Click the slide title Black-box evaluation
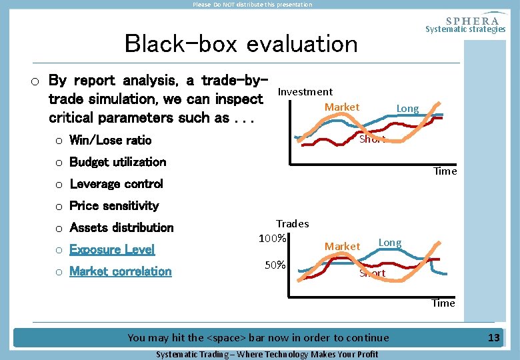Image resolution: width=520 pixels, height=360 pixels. click(241, 44)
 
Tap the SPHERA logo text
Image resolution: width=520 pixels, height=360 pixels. click(471, 20)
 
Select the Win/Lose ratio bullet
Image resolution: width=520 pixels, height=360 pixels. click(110, 140)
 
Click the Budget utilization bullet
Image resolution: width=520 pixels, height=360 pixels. click(117, 162)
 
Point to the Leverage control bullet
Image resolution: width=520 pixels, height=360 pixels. click(116, 184)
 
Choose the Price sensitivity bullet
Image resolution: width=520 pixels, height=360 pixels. click(114, 206)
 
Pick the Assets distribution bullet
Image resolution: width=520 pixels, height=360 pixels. click(121, 228)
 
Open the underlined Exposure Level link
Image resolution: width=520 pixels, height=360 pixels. click(112, 250)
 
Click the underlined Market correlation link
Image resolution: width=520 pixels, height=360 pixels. click(120, 272)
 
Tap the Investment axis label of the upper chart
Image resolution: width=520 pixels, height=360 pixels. click(305, 92)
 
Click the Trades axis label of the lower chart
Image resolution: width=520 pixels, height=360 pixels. click(292, 224)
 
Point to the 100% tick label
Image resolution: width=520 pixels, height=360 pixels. click(273, 239)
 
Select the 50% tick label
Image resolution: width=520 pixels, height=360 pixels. click(275, 265)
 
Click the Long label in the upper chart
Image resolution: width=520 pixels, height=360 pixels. click(407, 109)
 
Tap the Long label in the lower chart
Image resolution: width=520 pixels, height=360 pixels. click(390, 243)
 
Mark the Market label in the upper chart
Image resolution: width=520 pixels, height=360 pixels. click(341, 107)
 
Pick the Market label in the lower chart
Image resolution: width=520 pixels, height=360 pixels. click(341, 247)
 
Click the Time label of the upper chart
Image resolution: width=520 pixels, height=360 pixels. click(445, 171)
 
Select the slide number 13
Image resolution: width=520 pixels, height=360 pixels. click(493, 338)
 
